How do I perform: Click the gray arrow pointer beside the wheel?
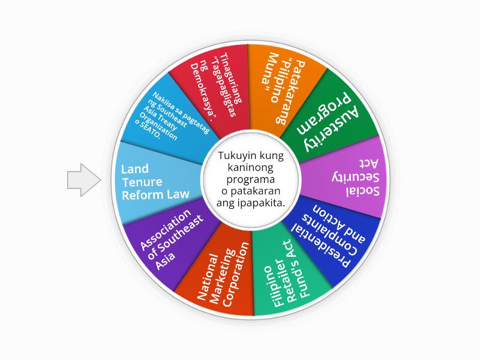(83, 179)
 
